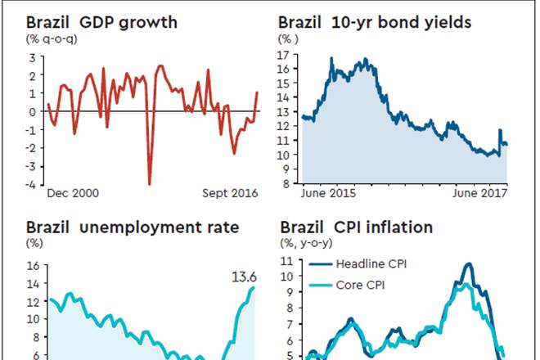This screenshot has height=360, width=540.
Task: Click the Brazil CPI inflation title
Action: pos(357,227)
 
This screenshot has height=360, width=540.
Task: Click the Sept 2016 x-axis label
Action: pos(230,194)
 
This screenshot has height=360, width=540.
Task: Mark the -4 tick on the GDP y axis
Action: pos(32,185)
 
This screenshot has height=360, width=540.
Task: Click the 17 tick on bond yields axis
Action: pos(286,55)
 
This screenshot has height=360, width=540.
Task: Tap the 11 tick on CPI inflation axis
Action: pos(286,261)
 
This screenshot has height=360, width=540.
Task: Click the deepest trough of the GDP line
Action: pos(150,183)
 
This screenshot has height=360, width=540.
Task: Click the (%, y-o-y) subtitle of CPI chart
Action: pos(307,243)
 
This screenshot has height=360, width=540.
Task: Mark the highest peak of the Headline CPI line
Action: pos(468,264)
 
